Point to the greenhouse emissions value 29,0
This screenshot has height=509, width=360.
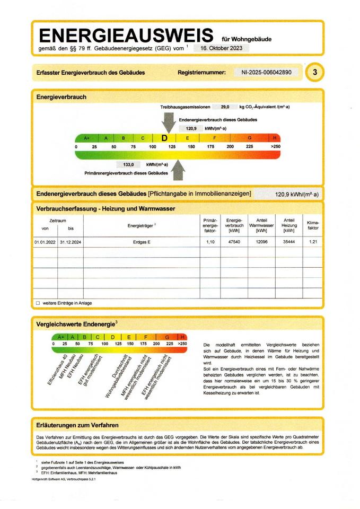point(225,107)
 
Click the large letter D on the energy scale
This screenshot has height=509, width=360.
point(164,138)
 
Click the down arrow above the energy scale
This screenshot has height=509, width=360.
point(169,123)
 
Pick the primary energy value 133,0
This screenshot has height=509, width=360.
point(128,165)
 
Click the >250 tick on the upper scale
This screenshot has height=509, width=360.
point(275,146)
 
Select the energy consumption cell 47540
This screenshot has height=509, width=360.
point(233,242)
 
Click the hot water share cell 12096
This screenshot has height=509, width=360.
point(261,242)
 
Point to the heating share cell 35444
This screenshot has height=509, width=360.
point(288,242)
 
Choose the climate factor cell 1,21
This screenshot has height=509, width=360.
point(313,242)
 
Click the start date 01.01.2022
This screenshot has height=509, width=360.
point(45,242)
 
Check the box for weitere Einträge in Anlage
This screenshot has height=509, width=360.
point(38,303)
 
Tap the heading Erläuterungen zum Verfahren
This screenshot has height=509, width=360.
point(77,425)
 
